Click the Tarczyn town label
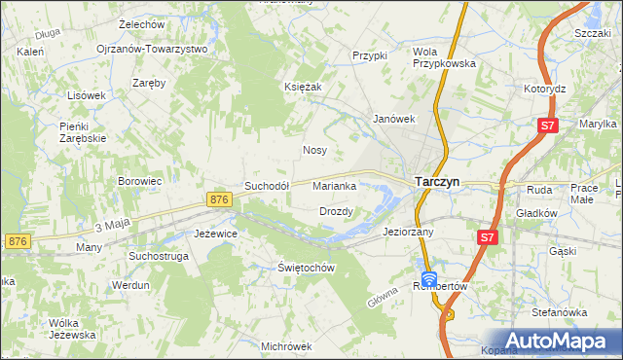click(437, 181)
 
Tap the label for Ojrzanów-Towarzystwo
click(152, 49)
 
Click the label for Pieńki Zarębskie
click(82, 132)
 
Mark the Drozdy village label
click(336, 211)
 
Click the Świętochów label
click(306, 268)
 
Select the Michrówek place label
click(286, 346)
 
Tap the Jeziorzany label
click(408, 233)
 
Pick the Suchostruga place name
click(160, 257)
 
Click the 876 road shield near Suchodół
click(219, 198)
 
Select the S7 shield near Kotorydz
click(549, 126)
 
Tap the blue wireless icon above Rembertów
click(428, 278)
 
